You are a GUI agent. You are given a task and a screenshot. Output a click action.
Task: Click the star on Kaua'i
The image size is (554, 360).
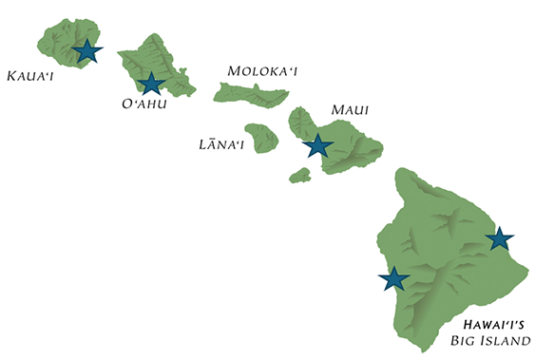86,50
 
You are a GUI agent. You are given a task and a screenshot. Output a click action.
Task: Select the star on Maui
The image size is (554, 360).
317,145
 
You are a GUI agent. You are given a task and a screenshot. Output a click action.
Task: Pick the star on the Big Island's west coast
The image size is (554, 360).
393,278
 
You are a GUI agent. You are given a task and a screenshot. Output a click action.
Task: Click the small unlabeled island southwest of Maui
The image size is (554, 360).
300,176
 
